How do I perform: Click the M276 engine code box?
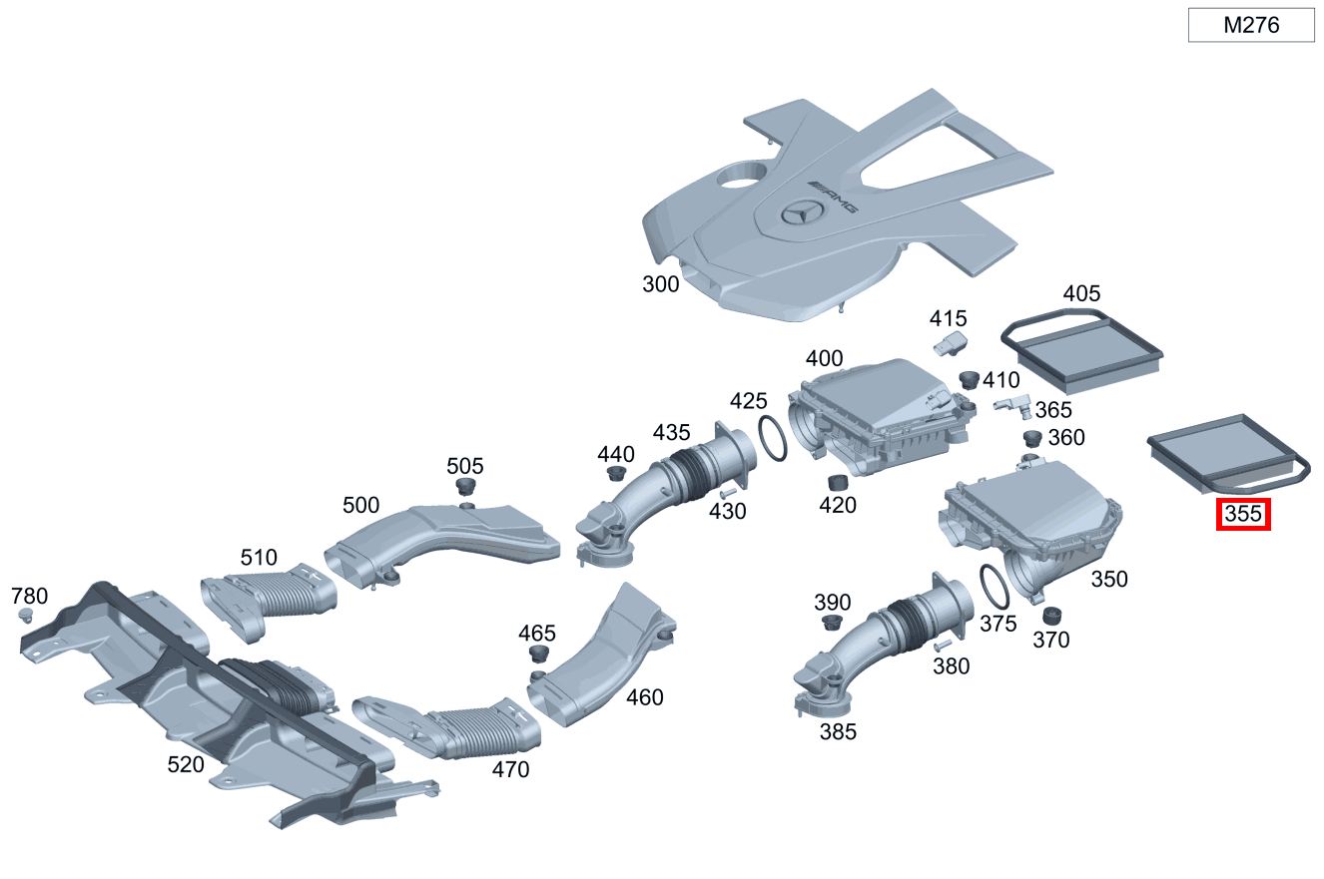[x=1250, y=26]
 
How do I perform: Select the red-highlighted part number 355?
[x=1242, y=515]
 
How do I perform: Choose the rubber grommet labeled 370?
[x=1051, y=616]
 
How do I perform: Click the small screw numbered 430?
[x=726, y=492]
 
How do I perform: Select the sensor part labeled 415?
[x=950, y=345]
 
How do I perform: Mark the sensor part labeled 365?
[x=1012, y=405]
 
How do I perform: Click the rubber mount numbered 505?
[x=465, y=487]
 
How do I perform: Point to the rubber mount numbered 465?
[x=538, y=656]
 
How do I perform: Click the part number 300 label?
[x=660, y=284]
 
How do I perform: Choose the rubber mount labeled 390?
[x=830, y=624]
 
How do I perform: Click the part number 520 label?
[x=186, y=764]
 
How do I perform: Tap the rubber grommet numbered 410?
[x=968, y=379]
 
